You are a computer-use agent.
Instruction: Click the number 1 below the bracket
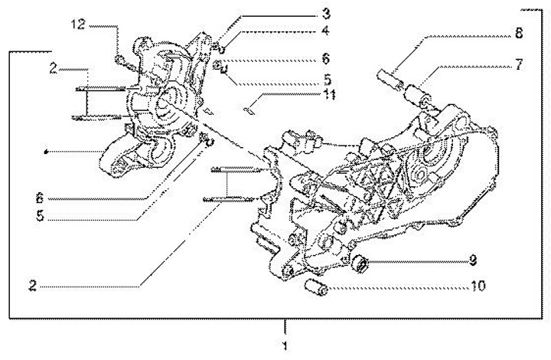(x=285, y=347)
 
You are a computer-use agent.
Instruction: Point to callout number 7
(x=520, y=64)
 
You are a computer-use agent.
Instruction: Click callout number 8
(x=520, y=34)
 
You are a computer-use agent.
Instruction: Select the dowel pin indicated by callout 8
(x=392, y=77)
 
